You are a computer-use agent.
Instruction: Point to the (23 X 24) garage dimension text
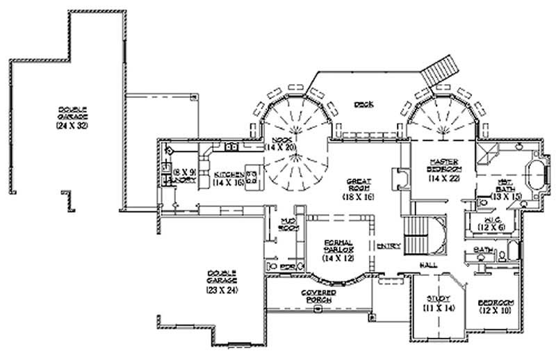coord(222,289)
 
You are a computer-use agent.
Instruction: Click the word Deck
coord(363,104)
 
